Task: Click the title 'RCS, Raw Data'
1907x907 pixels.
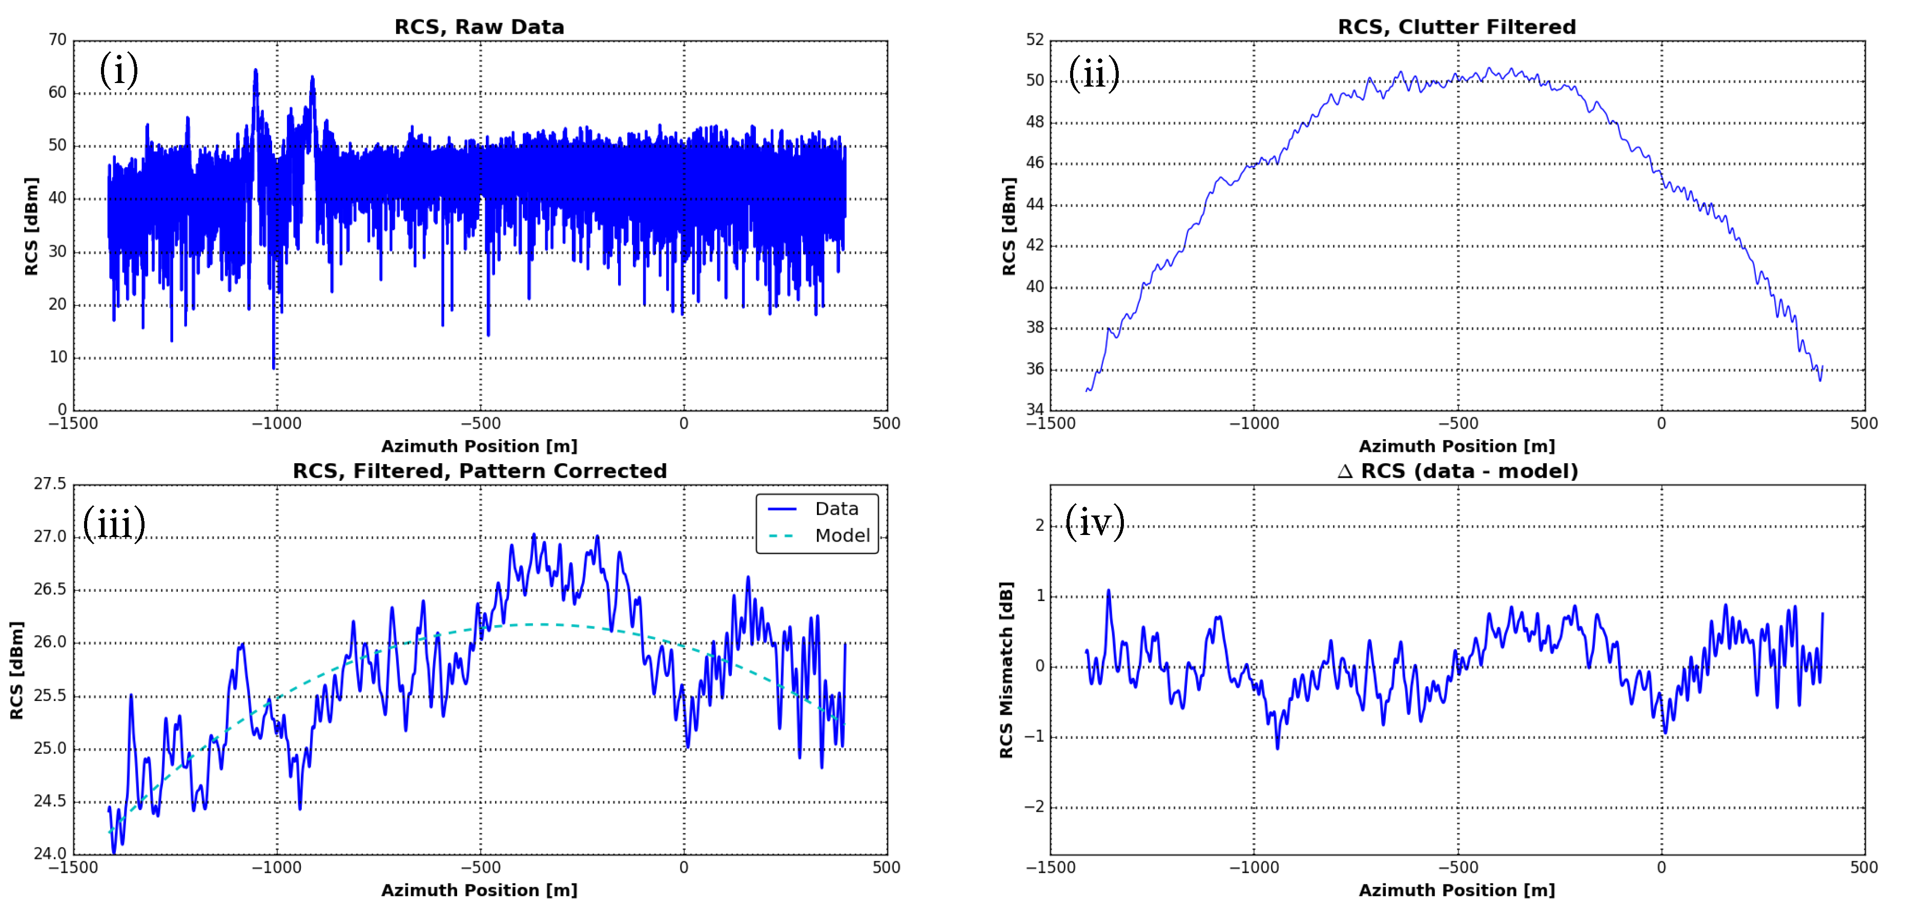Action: coord(479,27)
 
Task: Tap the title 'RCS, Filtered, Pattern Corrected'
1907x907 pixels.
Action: coord(480,471)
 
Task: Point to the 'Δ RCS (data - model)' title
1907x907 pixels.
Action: coord(1458,471)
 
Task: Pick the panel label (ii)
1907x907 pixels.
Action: coord(1094,74)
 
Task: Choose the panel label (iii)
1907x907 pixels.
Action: coord(114,524)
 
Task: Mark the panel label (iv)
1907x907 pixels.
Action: coord(1094,522)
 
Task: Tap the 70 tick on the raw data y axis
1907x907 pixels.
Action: coord(58,40)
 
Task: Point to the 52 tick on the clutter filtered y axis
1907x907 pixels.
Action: coord(1034,40)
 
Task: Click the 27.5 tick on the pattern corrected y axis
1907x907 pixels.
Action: coord(50,484)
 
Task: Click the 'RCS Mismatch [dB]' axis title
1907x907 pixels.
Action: coord(1006,670)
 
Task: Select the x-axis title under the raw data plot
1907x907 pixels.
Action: coord(479,446)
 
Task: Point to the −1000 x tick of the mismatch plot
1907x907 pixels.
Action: coord(1254,867)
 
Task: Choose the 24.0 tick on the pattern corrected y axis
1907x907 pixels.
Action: coord(50,854)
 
